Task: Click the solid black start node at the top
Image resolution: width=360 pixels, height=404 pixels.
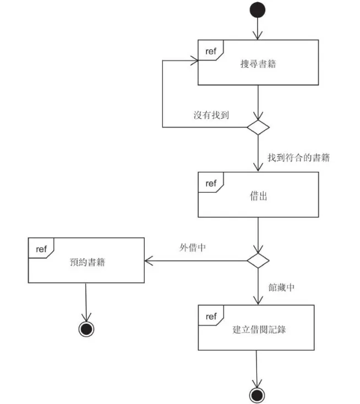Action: (x=258, y=10)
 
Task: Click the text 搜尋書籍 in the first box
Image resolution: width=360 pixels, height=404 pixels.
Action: (x=258, y=64)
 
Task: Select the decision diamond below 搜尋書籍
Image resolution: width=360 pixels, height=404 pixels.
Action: (x=258, y=127)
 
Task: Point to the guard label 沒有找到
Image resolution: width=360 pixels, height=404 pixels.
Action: (x=211, y=115)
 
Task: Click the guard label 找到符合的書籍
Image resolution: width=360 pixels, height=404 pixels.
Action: (x=298, y=157)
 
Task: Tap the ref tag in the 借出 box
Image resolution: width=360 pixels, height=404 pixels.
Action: (x=210, y=183)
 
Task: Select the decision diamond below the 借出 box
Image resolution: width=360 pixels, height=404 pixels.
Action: (x=258, y=260)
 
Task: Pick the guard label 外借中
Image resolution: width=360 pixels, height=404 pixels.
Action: (x=193, y=248)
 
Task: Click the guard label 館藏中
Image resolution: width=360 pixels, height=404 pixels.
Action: (x=281, y=287)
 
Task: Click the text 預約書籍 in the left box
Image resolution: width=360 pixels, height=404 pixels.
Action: (x=87, y=262)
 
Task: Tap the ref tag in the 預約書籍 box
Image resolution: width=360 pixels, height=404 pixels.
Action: (x=41, y=249)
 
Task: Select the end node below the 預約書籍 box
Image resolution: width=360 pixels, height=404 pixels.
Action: (x=86, y=329)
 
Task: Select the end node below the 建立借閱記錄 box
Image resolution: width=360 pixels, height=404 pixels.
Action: (x=257, y=394)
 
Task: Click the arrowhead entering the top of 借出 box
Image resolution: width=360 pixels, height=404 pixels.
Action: (x=258, y=168)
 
